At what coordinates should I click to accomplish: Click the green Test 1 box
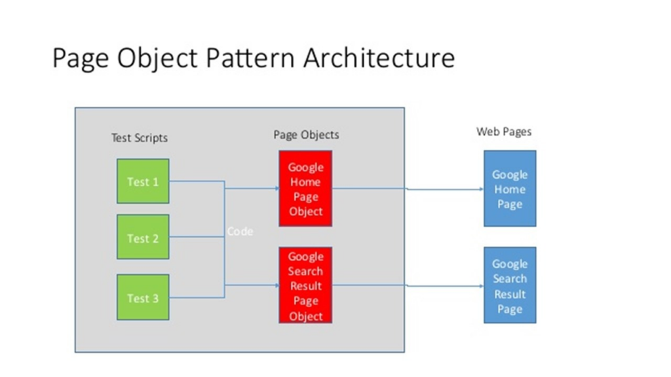[x=143, y=181]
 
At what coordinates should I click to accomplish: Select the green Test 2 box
[x=143, y=237]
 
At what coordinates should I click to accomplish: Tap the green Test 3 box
[x=143, y=298]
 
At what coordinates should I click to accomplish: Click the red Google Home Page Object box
[x=305, y=188]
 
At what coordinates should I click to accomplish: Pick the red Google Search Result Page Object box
[x=305, y=285]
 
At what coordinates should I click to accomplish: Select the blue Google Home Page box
[x=510, y=188]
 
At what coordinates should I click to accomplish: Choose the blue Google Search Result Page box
[x=510, y=285]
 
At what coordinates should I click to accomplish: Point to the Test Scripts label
[x=140, y=137]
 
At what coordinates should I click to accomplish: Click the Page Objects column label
[x=307, y=135]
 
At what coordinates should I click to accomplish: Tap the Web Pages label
[x=504, y=132]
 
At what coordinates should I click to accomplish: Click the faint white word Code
[x=240, y=231]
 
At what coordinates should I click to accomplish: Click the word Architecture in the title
[x=379, y=58]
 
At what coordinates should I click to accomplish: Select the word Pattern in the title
[x=250, y=58]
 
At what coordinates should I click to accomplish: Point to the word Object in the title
[x=157, y=58]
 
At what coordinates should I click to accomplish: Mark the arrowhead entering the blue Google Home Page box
[x=482, y=189]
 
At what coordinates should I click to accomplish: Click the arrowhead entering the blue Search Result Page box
[x=482, y=285]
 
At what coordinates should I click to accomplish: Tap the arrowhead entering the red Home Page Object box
[x=277, y=188]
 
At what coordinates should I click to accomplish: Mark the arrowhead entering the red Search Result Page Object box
[x=277, y=285]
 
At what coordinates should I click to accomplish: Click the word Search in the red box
[x=305, y=271]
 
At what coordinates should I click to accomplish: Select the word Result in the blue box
[x=510, y=294]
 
